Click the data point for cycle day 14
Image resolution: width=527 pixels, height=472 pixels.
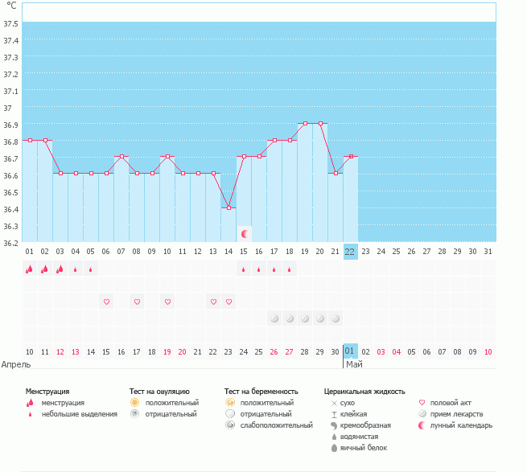(x=229, y=207)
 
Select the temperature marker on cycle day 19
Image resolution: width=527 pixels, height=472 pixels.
(x=305, y=124)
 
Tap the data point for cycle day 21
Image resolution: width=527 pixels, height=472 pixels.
(x=336, y=173)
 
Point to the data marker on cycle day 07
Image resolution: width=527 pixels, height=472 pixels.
(x=121, y=157)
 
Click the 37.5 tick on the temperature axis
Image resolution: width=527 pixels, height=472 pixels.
(x=11, y=23)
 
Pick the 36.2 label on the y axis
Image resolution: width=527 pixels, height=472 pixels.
(x=11, y=242)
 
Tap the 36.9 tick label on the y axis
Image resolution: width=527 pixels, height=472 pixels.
(x=11, y=125)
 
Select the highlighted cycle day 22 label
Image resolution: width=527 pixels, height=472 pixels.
(x=350, y=251)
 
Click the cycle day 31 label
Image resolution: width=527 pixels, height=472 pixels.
(x=488, y=251)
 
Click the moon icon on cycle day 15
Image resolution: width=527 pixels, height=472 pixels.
(x=245, y=233)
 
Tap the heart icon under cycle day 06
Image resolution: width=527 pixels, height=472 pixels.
(x=106, y=302)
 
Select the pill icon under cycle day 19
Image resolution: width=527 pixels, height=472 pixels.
(x=305, y=318)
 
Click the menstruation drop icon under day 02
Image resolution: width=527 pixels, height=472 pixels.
(x=45, y=269)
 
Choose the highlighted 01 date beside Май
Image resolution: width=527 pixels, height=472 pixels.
(x=350, y=351)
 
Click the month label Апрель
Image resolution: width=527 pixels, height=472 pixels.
(x=17, y=364)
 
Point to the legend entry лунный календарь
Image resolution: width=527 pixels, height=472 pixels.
(x=461, y=425)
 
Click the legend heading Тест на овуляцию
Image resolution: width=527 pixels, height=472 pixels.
(x=159, y=391)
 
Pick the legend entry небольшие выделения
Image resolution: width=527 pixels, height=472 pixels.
(x=80, y=414)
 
